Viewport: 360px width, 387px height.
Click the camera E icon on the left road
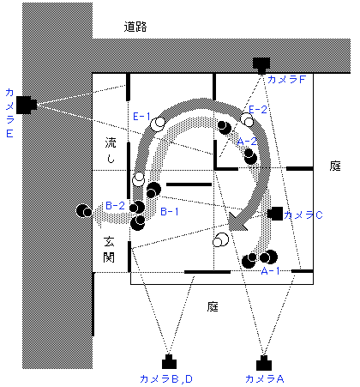coord(27,105)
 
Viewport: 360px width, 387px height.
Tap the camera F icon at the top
coord(261,65)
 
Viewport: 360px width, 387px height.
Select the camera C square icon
coord(275,214)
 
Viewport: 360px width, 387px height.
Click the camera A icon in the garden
coord(264,363)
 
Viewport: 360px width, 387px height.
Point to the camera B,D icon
coord(169,362)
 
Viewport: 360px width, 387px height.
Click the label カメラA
coord(265,379)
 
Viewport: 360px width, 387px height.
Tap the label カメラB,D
coord(166,379)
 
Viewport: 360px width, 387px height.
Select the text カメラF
coord(286,79)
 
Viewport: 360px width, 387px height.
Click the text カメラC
coord(303,215)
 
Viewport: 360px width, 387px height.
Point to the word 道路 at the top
coord(135,27)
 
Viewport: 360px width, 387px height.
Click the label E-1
coord(141,117)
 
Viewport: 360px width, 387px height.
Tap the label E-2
coord(258,110)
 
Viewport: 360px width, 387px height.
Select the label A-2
coord(247,142)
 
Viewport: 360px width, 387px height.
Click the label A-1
coord(270,270)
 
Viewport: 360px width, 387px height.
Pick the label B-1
coord(170,212)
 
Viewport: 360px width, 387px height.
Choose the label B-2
coord(116,205)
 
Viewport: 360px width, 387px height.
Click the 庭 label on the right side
coord(335,166)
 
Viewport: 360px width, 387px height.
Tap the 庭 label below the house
coord(213,306)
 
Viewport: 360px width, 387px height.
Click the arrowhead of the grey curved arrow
coord(237,221)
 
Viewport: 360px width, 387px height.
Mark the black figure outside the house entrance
coord(84,211)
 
